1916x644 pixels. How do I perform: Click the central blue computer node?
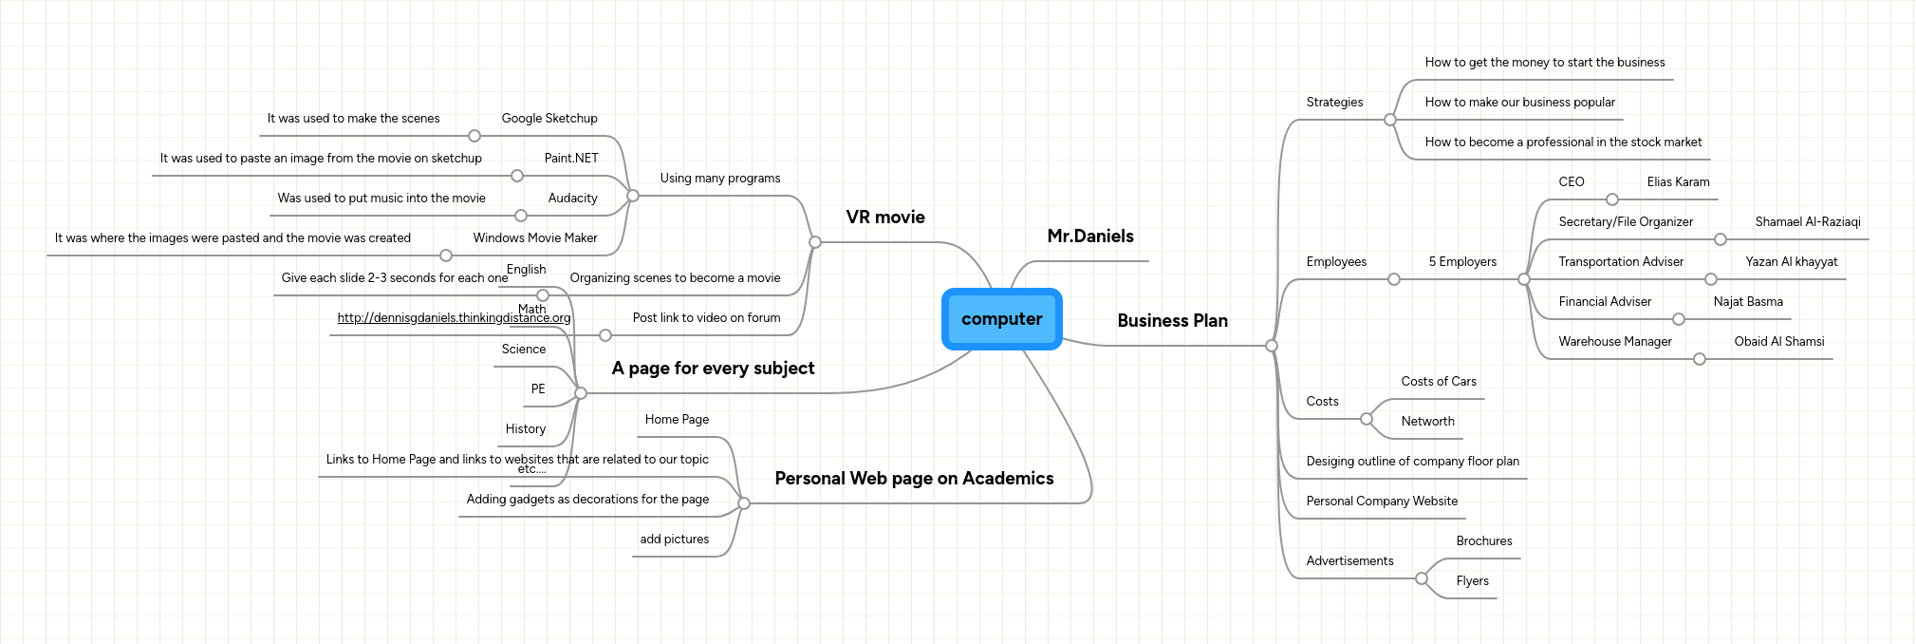point(1001,319)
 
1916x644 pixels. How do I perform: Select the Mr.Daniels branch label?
point(1089,237)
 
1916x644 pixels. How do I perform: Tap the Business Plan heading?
point(1172,321)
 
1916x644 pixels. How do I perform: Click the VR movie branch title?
point(884,218)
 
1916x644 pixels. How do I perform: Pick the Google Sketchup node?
point(549,119)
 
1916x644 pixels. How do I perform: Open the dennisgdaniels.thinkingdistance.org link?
point(454,318)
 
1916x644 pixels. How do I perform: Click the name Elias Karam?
point(1678,182)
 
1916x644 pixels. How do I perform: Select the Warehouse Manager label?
point(1614,342)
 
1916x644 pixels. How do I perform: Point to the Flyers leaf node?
point(1472,581)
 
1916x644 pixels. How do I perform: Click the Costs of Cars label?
point(1438,382)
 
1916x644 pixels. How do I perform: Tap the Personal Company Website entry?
point(1381,502)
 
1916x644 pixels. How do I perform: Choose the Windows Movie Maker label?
point(534,238)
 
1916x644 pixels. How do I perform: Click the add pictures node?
point(674,540)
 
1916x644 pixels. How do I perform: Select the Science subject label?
point(523,350)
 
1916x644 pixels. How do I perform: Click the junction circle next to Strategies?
point(1389,120)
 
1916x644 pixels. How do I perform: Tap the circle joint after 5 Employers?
point(1523,279)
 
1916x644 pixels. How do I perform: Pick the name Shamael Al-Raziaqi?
point(1807,222)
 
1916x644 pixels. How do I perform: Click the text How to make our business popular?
point(1519,103)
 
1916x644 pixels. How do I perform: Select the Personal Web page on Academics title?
point(913,479)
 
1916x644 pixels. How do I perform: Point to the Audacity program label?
point(572,199)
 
